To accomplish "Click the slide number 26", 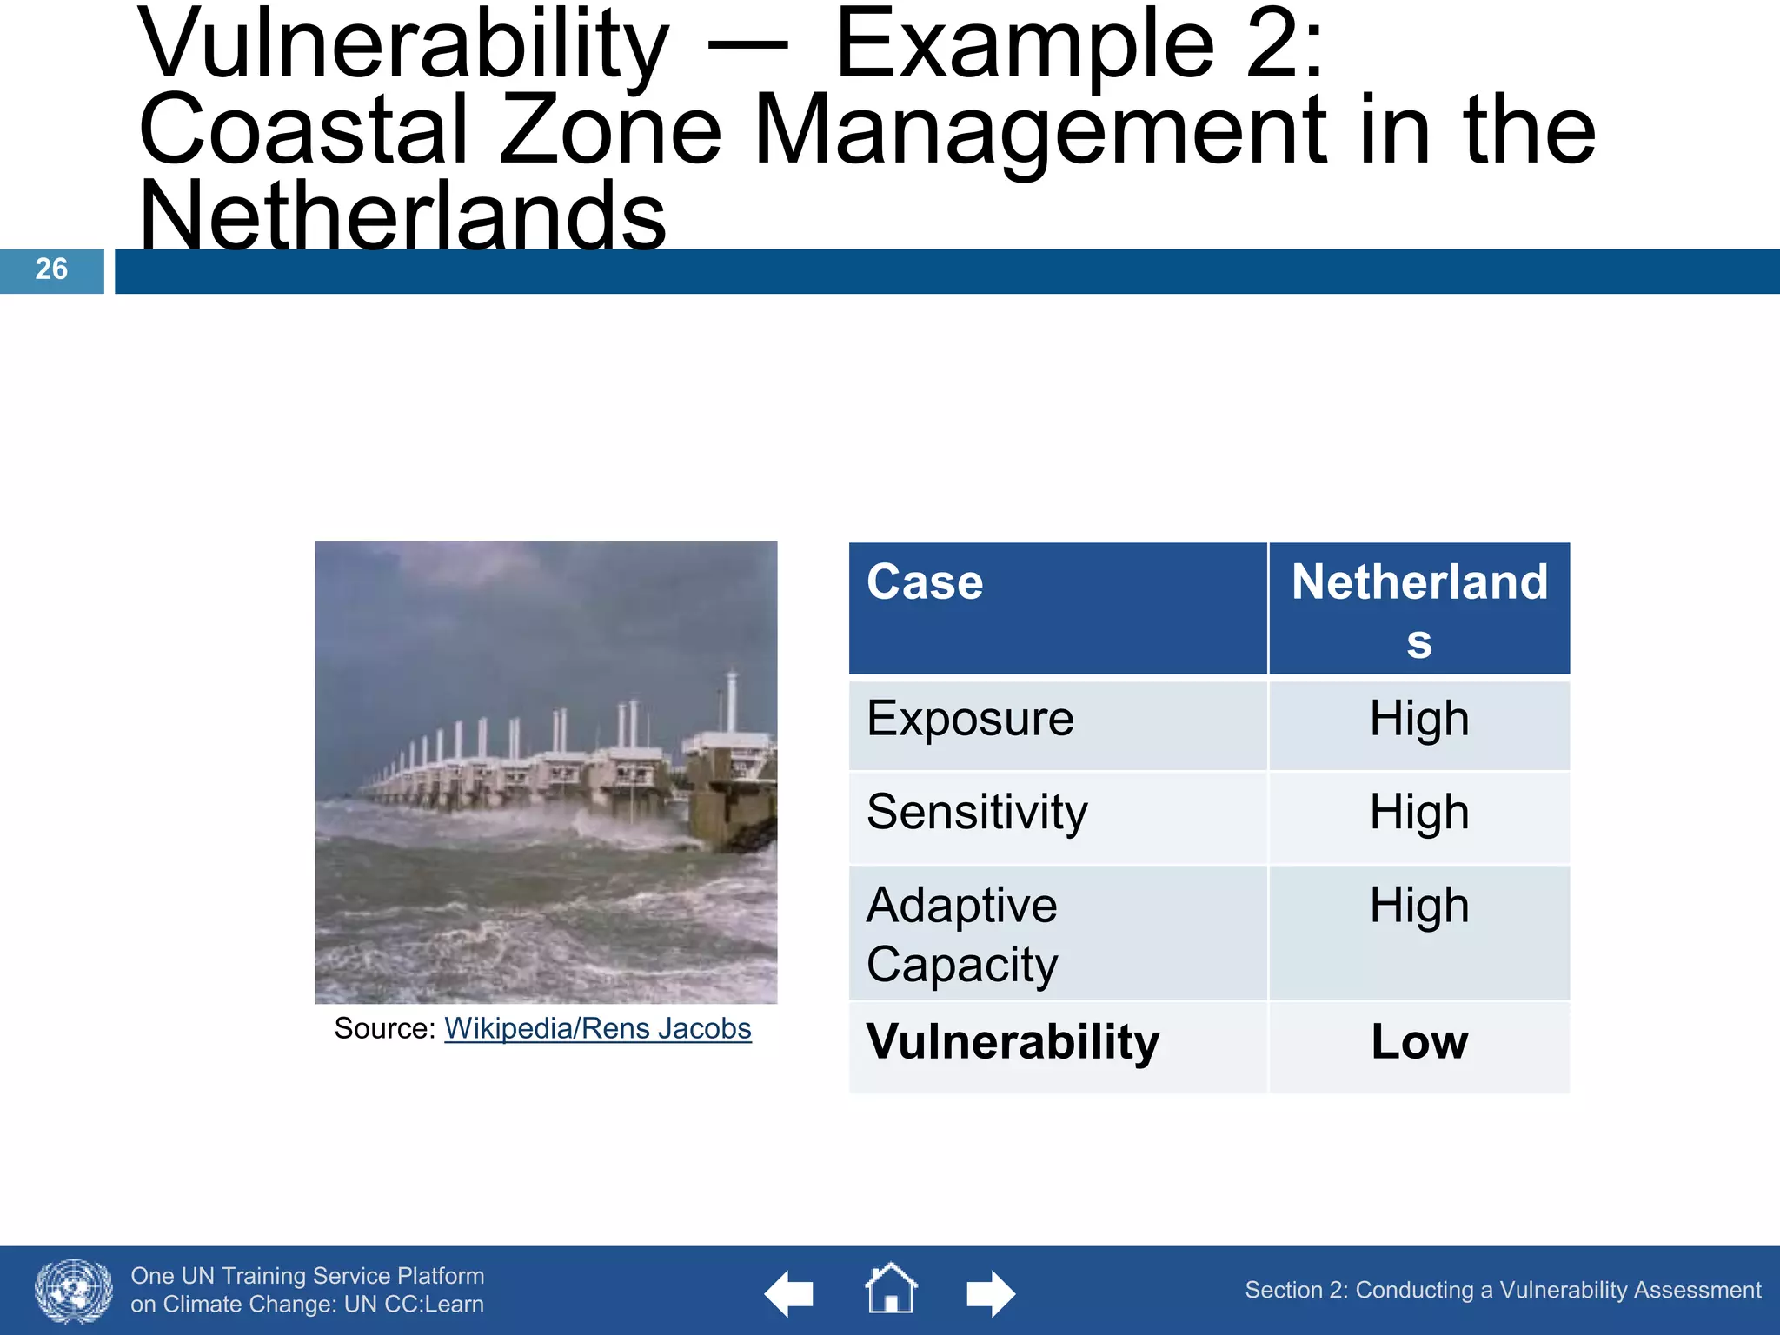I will click(51, 269).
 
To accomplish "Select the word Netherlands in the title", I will click(402, 215).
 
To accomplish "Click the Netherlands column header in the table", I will click(1418, 609).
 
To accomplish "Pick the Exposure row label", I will click(970, 719).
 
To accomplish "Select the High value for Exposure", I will click(1418, 719).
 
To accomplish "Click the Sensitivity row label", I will click(977, 812).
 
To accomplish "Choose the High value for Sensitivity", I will click(1418, 812).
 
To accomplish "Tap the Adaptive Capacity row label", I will click(962, 934).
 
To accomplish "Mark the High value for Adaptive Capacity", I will click(1418, 906).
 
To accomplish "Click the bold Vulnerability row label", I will click(1013, 1041).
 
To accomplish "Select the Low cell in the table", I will click(1418, 1041).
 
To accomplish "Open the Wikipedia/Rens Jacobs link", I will click(597, 1028).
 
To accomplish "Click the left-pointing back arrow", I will click(789, 1294).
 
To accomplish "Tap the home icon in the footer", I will click(891, 1289).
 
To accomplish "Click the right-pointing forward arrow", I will click(990, 1294).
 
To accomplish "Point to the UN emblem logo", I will click(74, 1291).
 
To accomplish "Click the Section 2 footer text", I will click(1502, 1290).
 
